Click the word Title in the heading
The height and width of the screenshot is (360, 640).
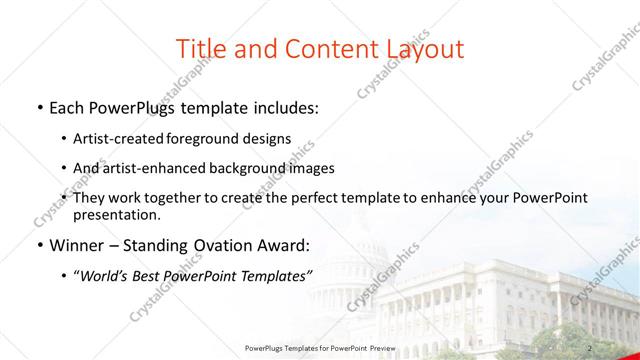tap(200, 48)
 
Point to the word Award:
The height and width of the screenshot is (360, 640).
tap(283, 245)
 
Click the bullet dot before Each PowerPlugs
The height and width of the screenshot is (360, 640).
tap(38, 106)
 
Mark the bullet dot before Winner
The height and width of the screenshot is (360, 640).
tap(38, 245)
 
